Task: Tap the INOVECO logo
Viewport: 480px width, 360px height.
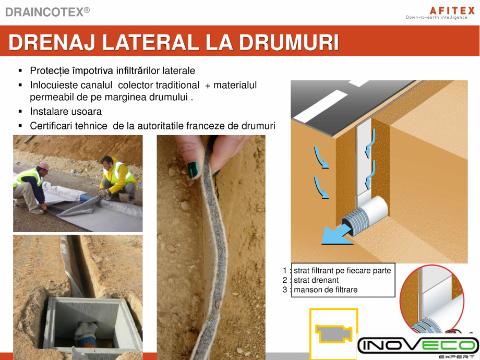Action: [x=418, y=346]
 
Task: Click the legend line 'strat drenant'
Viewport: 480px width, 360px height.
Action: [x=316, y=280]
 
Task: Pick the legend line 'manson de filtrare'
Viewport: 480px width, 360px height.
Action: [x=326, y=290]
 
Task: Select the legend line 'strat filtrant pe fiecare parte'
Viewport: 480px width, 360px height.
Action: [x=342, y=271]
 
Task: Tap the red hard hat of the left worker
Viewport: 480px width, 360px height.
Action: [x=44, y=166]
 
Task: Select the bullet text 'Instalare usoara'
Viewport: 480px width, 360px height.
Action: [x=66, y=112]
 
